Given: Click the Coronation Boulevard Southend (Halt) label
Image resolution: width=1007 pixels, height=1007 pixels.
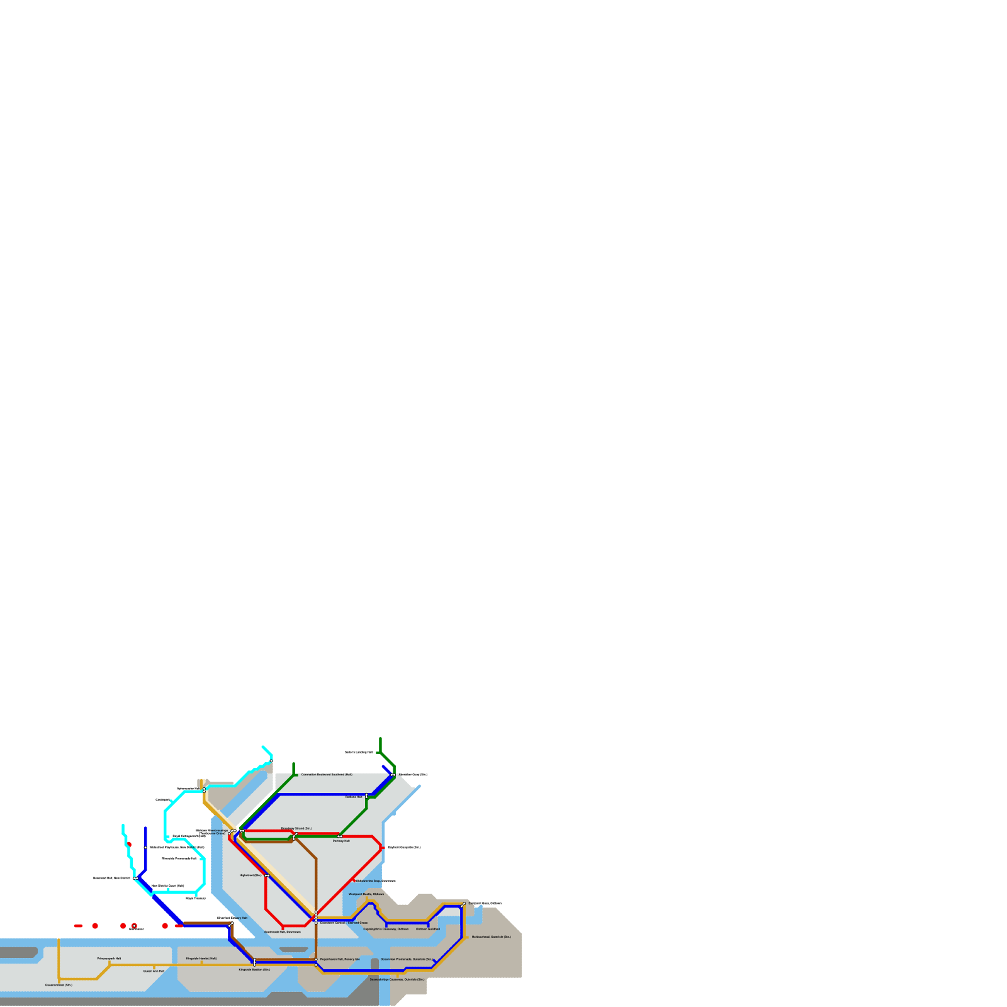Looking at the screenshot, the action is [326, 775].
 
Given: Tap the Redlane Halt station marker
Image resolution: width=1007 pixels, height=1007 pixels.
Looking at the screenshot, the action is [366, 797].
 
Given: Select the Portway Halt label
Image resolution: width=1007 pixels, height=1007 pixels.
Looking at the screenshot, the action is [341, 841].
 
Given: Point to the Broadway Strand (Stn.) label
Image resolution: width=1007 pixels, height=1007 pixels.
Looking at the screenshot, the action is [296, 828].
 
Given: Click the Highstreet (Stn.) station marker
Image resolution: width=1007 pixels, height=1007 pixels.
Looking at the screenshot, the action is [267, 875].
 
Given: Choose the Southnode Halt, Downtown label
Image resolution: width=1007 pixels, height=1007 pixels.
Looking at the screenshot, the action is [282, 931].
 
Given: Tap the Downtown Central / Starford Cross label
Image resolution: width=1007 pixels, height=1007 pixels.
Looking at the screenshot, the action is [344, 923].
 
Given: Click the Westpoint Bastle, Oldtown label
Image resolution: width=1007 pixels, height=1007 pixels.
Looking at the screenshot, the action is [366, 894].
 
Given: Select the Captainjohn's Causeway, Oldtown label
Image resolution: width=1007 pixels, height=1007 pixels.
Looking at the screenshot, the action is [386, 929].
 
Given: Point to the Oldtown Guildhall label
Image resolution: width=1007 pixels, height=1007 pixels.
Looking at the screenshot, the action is [428, 929].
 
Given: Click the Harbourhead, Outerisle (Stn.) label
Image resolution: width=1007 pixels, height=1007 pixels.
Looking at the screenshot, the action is [491, 937].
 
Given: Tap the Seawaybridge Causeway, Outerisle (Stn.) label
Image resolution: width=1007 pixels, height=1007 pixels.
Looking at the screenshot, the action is [397, 979].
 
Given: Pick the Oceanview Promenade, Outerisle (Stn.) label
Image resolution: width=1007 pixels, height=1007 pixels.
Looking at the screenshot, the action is [407, 959].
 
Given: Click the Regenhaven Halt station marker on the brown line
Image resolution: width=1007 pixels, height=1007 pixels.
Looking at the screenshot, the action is [316, 960].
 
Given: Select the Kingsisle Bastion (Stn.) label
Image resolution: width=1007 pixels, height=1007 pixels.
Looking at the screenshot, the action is [254, 970].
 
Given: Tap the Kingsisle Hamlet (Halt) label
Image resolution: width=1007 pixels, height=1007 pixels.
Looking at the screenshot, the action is [201, 959].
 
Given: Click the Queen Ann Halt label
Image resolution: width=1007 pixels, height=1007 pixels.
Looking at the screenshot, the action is [154, 971].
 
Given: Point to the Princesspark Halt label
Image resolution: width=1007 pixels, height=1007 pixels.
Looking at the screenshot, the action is [109, 959].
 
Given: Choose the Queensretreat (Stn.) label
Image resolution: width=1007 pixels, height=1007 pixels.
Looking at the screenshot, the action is [59, 985].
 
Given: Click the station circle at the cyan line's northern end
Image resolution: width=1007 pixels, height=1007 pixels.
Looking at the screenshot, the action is [271, 761].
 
